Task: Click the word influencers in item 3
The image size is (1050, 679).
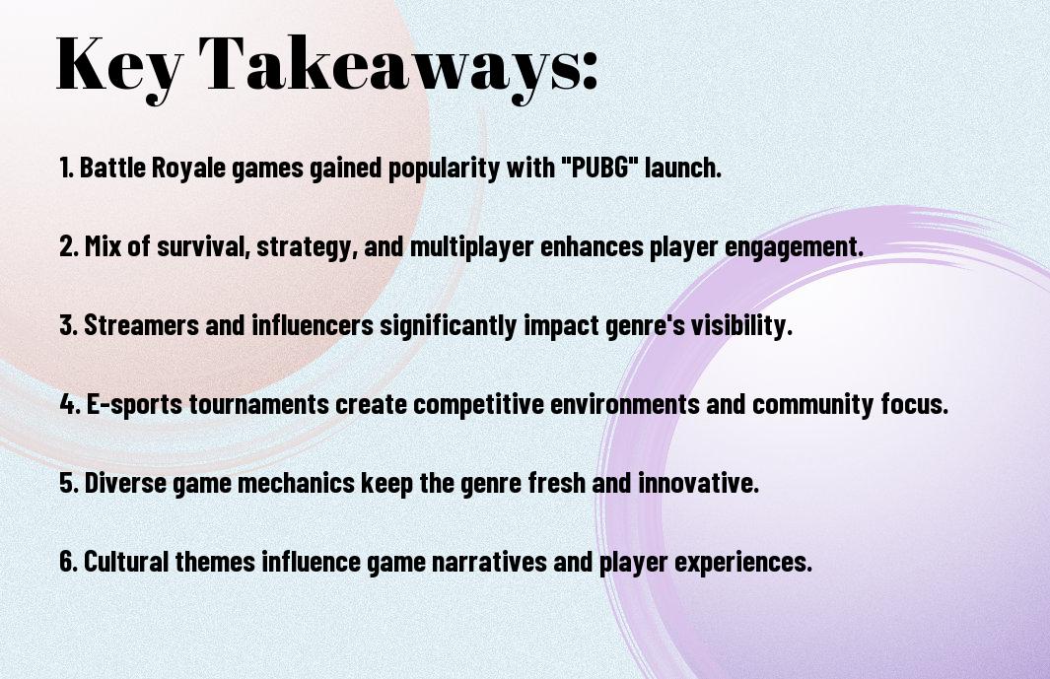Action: pyautogui.click(x=313, y=325)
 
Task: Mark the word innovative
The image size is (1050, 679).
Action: pyautogui.click(x=698, y=483)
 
